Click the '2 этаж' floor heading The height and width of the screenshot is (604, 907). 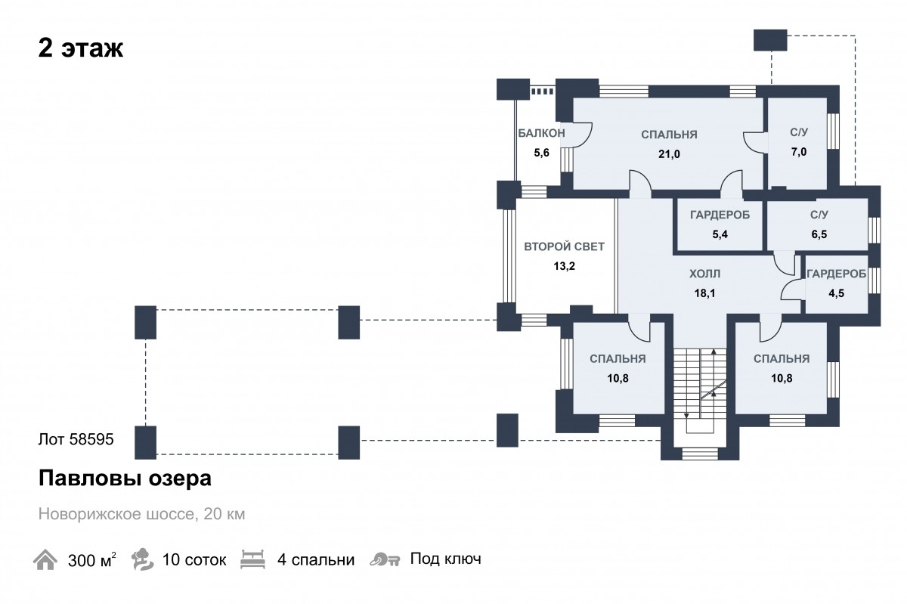point(81,48)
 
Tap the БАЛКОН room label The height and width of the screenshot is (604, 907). point(541,133)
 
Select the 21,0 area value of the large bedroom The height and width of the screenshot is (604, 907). point(669,154)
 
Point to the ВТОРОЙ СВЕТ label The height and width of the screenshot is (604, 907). point(564,246)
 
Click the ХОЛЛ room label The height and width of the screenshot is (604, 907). point(704,274)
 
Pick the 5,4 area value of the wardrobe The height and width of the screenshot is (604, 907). point(720,234)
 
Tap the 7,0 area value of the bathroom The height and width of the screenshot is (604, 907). point(798,152)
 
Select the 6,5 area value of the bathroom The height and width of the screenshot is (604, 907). point(819,234)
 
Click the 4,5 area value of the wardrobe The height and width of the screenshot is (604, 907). point(836,293)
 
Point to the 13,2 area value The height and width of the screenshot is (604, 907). point(564,266)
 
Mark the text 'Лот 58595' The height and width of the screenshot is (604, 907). point(76,439)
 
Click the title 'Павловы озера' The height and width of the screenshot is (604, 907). point(125,479)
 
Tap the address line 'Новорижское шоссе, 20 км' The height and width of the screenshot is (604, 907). point(142,514)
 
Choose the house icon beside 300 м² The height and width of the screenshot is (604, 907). point(45,559)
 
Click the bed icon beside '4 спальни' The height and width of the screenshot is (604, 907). point(252,559)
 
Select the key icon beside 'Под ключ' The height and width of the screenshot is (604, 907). point(385,559)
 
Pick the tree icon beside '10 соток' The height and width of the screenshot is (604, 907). point(142,559)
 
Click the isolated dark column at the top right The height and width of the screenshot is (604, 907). point(770,40)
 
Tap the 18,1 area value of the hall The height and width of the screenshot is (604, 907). point(704,293)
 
